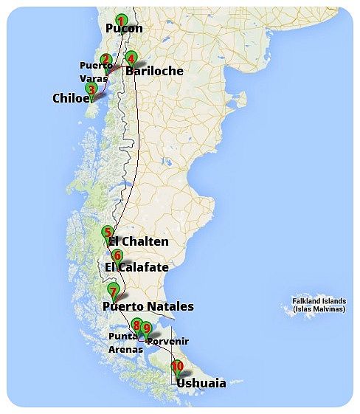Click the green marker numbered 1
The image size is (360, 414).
[121, 20]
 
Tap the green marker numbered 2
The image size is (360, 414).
[105, 60]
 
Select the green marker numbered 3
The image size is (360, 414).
[91, 90]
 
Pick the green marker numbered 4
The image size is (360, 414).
[131, 58]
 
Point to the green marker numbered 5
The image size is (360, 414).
[108, 232]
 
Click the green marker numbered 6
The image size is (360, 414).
[117, 256]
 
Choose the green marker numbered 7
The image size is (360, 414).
[112, 290]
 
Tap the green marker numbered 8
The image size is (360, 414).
[136, 325]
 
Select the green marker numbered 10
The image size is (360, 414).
[177, 366]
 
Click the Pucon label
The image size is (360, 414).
[124, 29]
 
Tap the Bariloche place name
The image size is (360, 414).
[154, 71]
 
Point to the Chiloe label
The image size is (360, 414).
[70, 98]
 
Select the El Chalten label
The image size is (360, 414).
[139, 242]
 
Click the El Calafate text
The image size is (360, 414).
[137, 267]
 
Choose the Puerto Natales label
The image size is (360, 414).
[148, 306]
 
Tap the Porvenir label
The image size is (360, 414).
[167, 342]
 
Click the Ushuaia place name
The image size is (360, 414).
[201, 383]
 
